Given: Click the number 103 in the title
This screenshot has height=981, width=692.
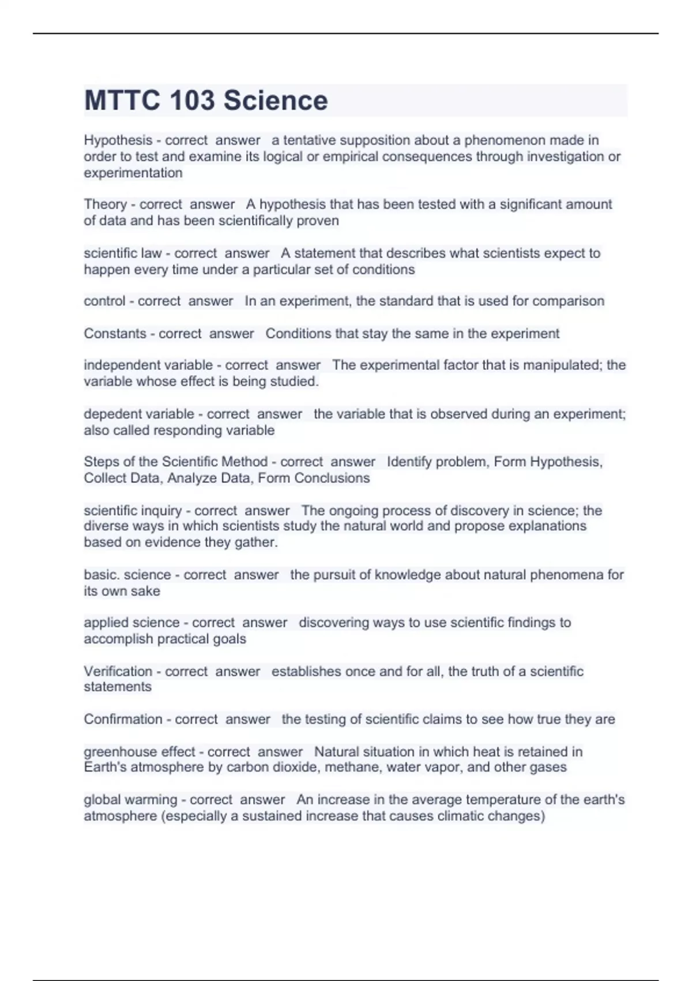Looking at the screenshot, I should [x=193, y=100].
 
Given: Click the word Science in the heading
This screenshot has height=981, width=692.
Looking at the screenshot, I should [x=276, y=100].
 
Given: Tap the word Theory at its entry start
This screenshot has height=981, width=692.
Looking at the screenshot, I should [x=105, y=204].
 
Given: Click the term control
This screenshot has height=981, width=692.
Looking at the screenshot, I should [x=104, y=301].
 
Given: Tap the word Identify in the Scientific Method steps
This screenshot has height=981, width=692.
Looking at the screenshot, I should [x=408, y=462].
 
